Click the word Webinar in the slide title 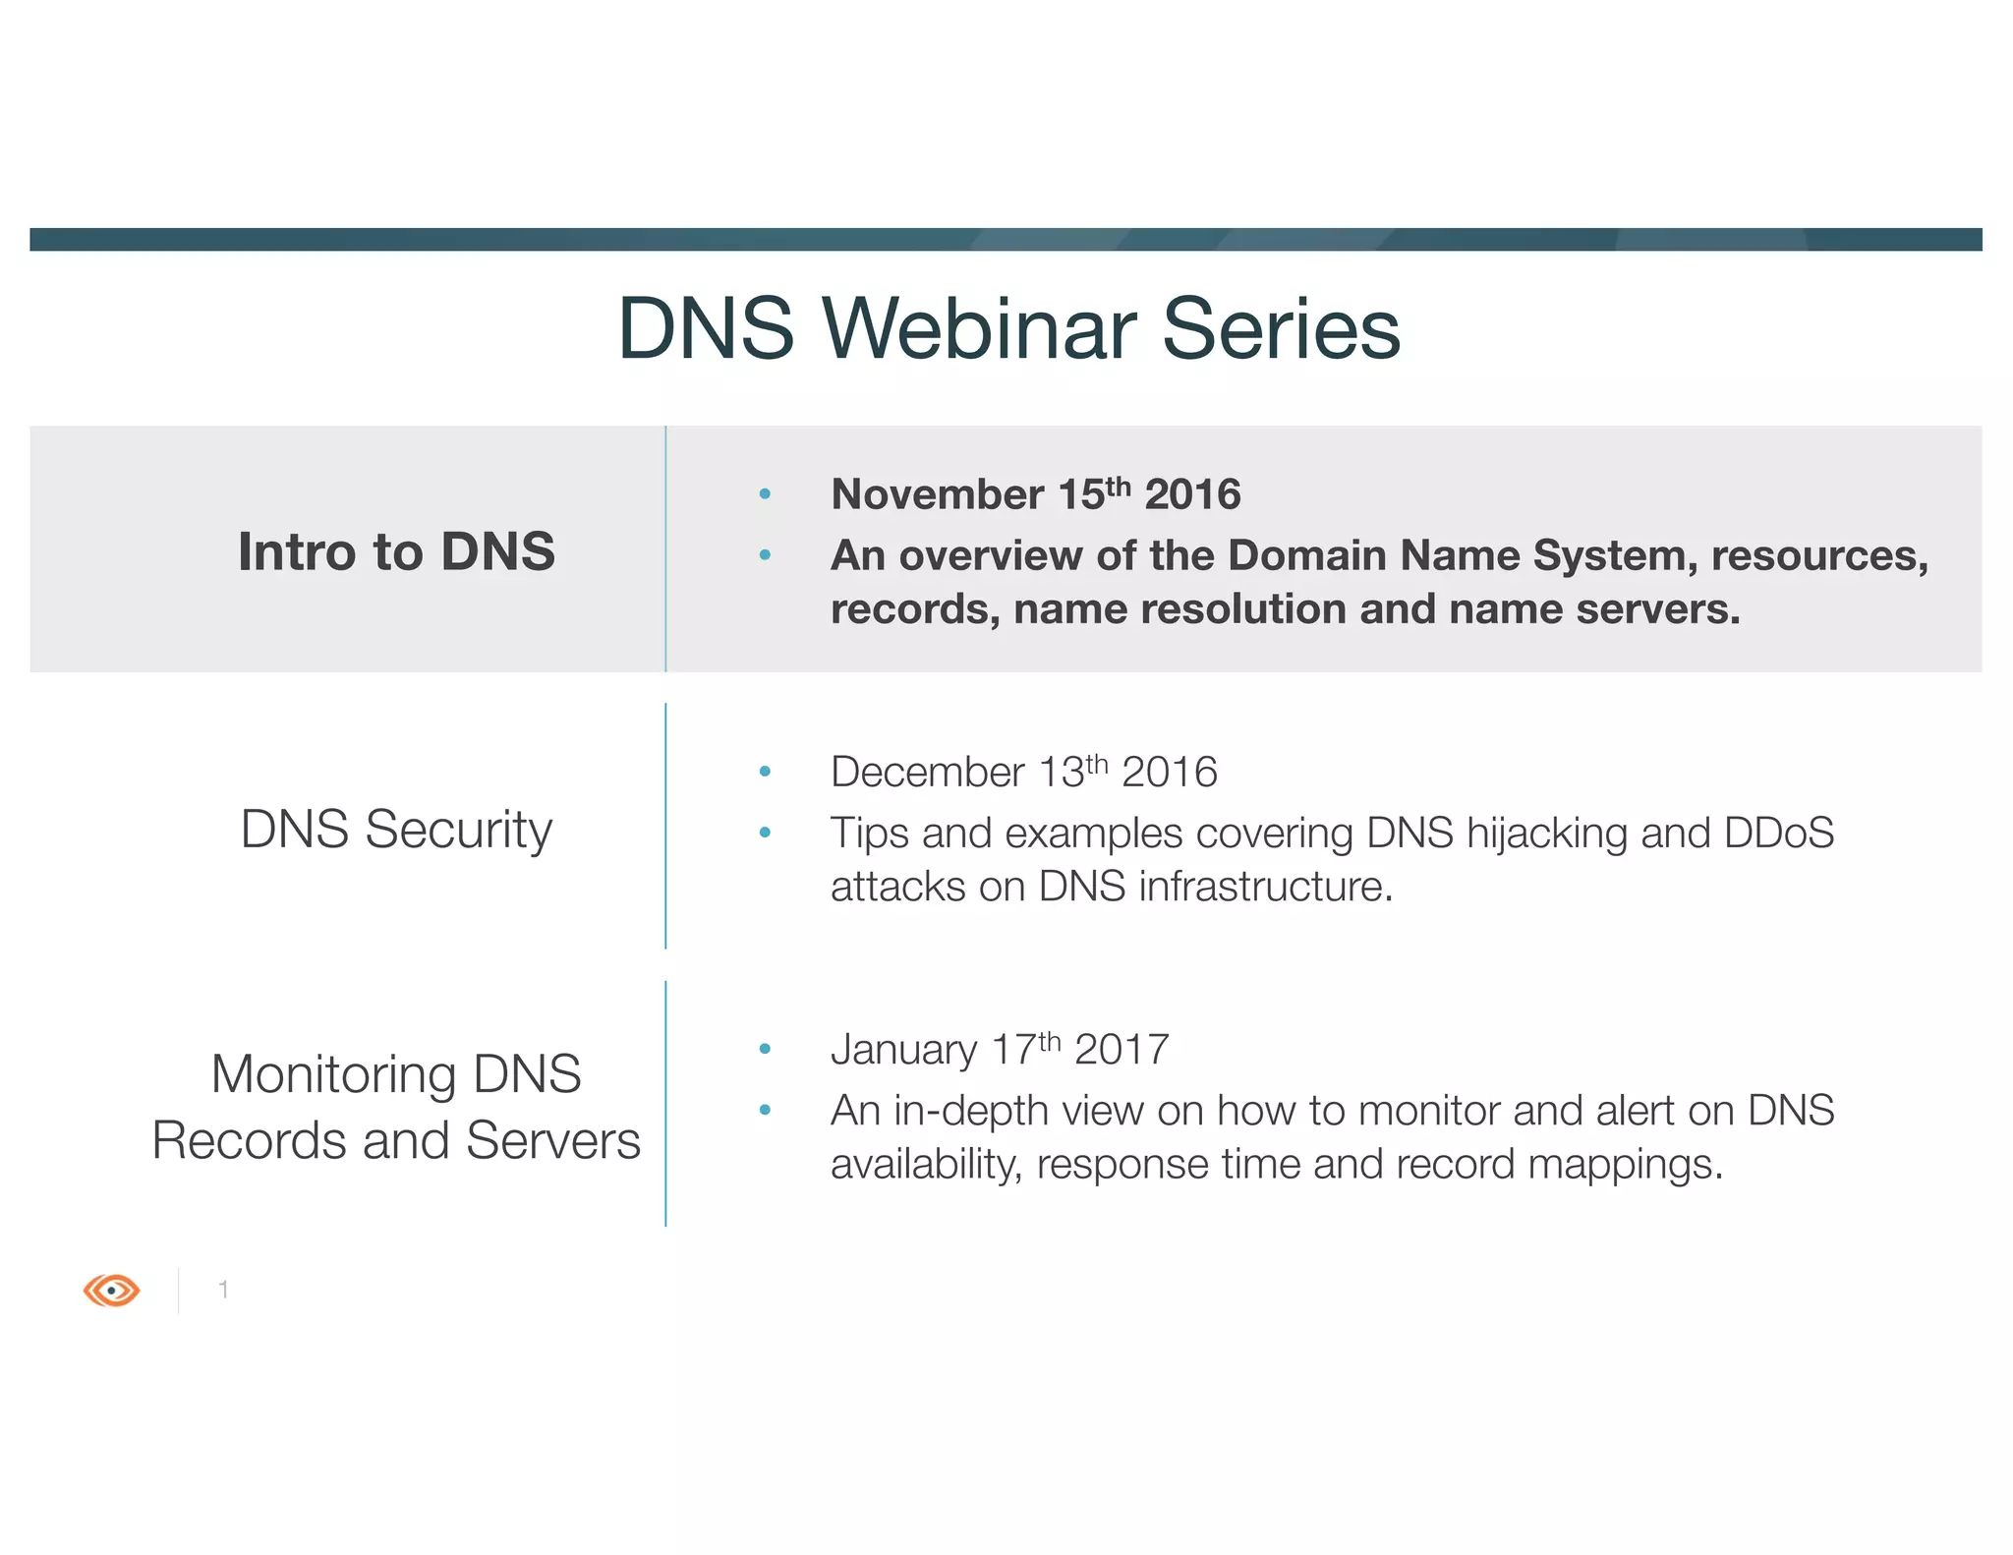coord(979,328)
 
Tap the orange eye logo coord(112,1290)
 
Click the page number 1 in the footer coord(224,1290)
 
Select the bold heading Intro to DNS coord(396,551)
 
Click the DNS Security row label coord(396,829)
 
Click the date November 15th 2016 coord(1035,493)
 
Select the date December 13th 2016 coord(1023,772)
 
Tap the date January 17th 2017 coord(1000,1049)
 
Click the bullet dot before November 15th coord(765,494)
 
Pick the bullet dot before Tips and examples coord(765,834)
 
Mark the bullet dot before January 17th coord(765,1050)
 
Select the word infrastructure coord(1266,887)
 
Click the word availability coord(925,1165)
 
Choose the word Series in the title coord(1281,328)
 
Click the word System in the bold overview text coord(1615,555)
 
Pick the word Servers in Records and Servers coord(552,1140)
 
